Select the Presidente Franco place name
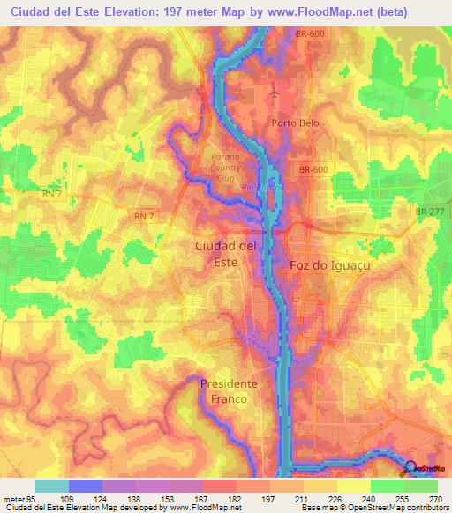click(x=229, y=390)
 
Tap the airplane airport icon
click(x=275, y=91)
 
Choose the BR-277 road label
click(x=431, y=212)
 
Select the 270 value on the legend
click(x=433, y=498)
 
